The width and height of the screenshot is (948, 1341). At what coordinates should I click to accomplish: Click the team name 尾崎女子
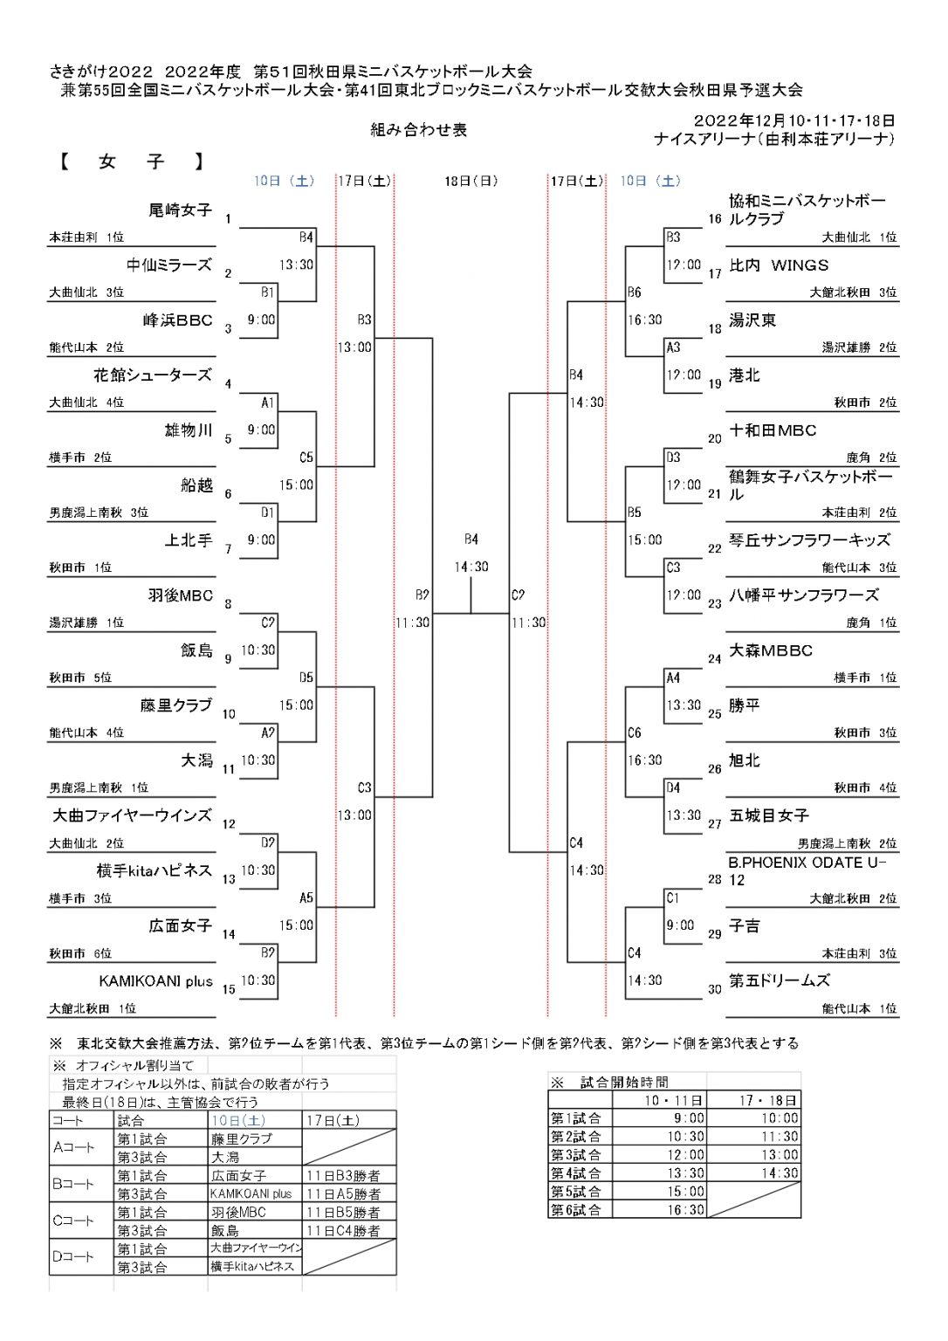[x=180, y=210]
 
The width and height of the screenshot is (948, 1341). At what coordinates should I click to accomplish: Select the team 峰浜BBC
[x=178, y=320]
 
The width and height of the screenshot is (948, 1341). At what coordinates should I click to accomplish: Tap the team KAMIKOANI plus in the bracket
[x=156, y=981]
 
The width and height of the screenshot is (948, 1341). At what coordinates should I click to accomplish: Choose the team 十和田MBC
[x=772, y=430]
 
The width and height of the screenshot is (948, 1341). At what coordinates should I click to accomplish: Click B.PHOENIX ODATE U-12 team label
[x=807, y=871]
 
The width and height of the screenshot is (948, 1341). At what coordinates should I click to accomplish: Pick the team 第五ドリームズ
[x=780, y=981]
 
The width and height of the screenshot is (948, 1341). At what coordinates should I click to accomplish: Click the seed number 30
[x=715, y=989]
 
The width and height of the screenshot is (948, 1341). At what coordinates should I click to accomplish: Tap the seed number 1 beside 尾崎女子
[x=228, y=219]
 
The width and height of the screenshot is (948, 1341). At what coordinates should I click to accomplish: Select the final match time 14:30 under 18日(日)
[x=471, y=567]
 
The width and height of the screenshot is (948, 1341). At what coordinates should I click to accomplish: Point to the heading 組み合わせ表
[x=419, y=129]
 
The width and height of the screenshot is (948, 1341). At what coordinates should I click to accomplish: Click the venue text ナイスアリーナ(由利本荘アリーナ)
[x=774, y=139]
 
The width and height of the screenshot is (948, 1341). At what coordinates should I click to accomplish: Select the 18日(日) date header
[x=471, y=181]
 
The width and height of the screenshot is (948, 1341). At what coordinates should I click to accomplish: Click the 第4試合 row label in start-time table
[x=576, y=1173]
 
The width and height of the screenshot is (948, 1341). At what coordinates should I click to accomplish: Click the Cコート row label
[x=73, y=1221]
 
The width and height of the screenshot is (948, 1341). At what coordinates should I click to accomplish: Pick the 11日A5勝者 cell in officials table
[x=344, y=1194]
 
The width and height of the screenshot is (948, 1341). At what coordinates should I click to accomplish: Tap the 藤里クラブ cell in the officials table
[x=241, y=1139]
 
